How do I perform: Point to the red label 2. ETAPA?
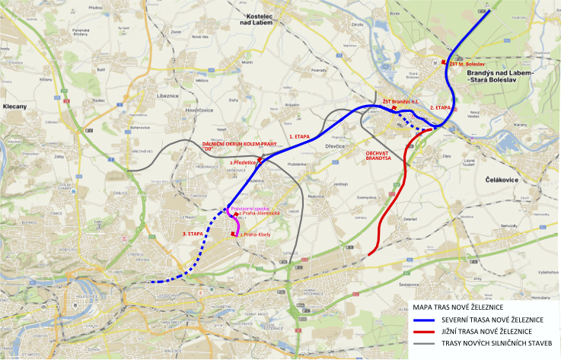click(x=441, y=108)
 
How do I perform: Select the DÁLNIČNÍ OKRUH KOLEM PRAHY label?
click(x=227, y=146)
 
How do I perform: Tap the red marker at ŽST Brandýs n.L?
click(x=394, y=109)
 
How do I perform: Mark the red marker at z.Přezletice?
click(x=260, y=161)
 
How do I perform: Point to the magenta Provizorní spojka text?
click(x=250, y=207)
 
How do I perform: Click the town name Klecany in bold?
click(x=15, y=107)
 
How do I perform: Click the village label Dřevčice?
click(x=336, y=146)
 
